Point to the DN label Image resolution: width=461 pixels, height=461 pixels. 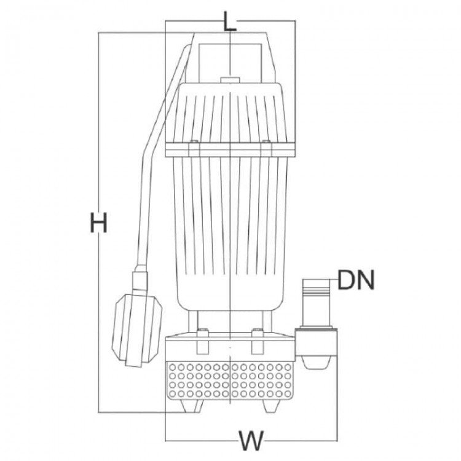356,280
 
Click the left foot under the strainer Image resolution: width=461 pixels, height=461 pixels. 192,406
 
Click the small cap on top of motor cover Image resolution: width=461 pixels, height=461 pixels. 230,80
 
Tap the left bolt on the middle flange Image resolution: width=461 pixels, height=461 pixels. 194,149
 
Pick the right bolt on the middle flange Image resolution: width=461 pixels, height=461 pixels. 266,149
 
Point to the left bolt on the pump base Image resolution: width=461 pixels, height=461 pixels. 202,342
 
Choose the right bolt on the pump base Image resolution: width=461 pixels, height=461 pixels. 258,342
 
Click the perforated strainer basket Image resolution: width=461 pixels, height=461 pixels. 230,380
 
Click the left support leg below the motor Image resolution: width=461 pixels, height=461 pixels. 193,321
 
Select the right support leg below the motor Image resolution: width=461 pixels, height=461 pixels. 267,321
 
